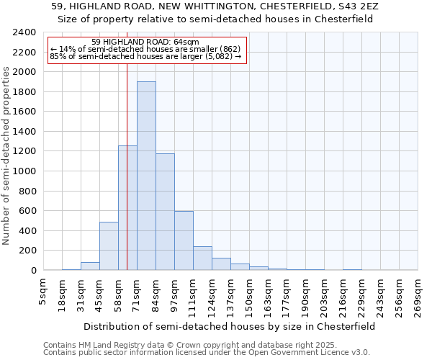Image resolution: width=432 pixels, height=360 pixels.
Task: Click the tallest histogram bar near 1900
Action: click(146, 176)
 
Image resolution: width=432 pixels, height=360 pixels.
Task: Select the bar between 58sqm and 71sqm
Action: click(127, 208)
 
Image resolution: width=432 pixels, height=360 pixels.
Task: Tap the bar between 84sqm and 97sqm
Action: click(165, 212)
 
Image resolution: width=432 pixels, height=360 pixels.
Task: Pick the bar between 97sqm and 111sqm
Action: click(184, 240)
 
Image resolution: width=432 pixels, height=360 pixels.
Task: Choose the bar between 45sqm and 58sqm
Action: click(109, 246)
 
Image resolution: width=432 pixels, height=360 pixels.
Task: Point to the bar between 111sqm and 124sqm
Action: click(202, 258)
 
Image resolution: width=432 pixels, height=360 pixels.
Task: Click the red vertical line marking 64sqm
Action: click(127, 108)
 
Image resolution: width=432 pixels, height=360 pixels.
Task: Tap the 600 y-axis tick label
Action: click(28, 211)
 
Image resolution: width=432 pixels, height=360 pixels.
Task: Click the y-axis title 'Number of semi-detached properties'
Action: click(7, 155)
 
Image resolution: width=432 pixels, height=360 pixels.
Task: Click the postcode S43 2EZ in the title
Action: click(353, 6)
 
